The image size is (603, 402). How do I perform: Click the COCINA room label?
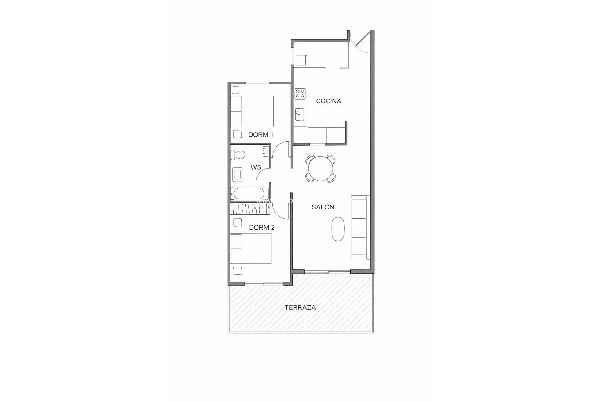329,101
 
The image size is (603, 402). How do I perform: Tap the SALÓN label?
323,207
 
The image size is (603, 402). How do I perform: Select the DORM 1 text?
261,135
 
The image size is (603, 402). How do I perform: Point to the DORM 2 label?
262,227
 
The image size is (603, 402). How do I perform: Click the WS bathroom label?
256,167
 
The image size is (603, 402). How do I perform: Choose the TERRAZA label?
300,307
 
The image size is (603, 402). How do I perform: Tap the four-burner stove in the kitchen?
300,93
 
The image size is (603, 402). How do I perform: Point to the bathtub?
250,194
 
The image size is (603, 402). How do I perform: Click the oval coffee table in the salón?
338,229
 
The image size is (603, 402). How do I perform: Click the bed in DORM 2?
251,249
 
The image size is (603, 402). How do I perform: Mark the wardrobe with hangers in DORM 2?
250,209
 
